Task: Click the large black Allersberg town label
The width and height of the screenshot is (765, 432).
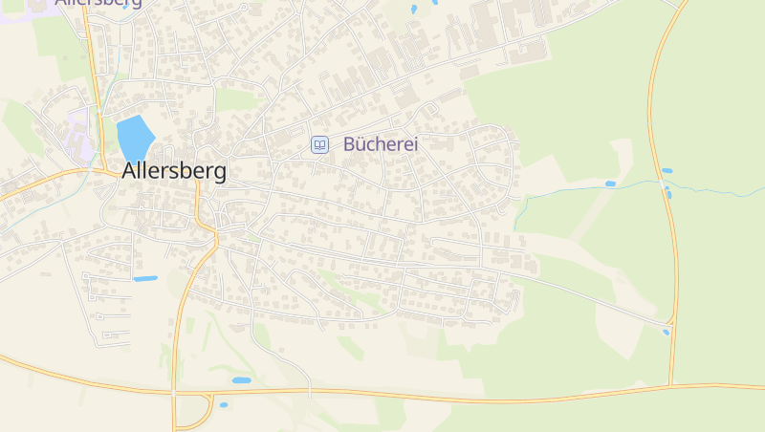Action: coord(174,171)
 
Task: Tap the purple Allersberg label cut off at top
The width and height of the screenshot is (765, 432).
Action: coord(98,3)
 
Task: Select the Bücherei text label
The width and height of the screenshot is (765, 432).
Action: coord(381,144)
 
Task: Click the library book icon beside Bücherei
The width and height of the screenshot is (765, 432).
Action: coord(320,144)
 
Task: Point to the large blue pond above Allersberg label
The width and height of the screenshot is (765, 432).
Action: coord(134,138)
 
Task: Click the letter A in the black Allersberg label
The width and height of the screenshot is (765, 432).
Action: coord(129,171)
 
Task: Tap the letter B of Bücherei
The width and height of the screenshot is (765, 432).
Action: coord(350,144)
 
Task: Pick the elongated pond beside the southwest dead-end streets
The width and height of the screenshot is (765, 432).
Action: coord(145,278)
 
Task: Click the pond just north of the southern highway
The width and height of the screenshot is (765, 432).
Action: coord(241,380)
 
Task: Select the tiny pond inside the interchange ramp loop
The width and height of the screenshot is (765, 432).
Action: coord(224,404)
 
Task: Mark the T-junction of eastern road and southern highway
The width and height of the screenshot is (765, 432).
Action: coord(671,386)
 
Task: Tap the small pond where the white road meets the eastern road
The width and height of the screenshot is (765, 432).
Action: coord(667,332)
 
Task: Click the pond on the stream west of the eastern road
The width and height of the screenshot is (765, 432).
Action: coord(610,183)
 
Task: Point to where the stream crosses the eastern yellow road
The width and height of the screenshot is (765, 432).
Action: coord(663,182)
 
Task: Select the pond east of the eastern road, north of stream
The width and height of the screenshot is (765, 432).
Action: coord(667,171)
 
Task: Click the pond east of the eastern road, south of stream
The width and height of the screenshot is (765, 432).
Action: coord(668,194)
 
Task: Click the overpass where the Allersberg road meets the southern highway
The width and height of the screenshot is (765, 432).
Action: coord(175,391)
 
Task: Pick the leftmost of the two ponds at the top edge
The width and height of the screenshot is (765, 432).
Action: coord(414,10)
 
